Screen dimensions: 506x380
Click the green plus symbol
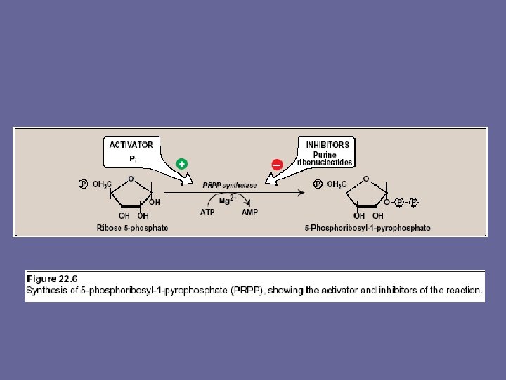pyautogui.click(x=181, y=164)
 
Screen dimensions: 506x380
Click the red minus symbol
pyautogui.click(x=277, y=164)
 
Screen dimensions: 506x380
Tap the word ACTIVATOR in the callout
pyautogui.click(x=131, y=145)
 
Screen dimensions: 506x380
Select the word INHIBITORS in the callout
pyautogui.click(x=327, y=145)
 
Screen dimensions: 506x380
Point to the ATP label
pyautogui.click(x=207, y=211)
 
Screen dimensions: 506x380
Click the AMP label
pyautogui.click(x=250, y=211)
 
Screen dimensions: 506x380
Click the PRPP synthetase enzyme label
pyautogui.click(x=230, y=185)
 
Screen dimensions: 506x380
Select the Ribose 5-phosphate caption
pyautogui.click(x=132, y=228)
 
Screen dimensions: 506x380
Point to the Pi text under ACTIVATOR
pyautogui.click(x=132, y=160)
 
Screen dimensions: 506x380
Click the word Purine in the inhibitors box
pyautogui.click(x=325, y=155)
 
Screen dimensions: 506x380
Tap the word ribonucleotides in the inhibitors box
pyautogui.click(x=325, y=163)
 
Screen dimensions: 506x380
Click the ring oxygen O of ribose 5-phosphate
pyautogui.click(x=130, y=178)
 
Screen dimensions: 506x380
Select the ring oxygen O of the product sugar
pyautogui.click(x=365, y=178)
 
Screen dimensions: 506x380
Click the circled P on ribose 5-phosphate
pyautogui.click(x=83, y=184)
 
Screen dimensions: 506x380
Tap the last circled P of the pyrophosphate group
pyautogui.click(x=414, y=202)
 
